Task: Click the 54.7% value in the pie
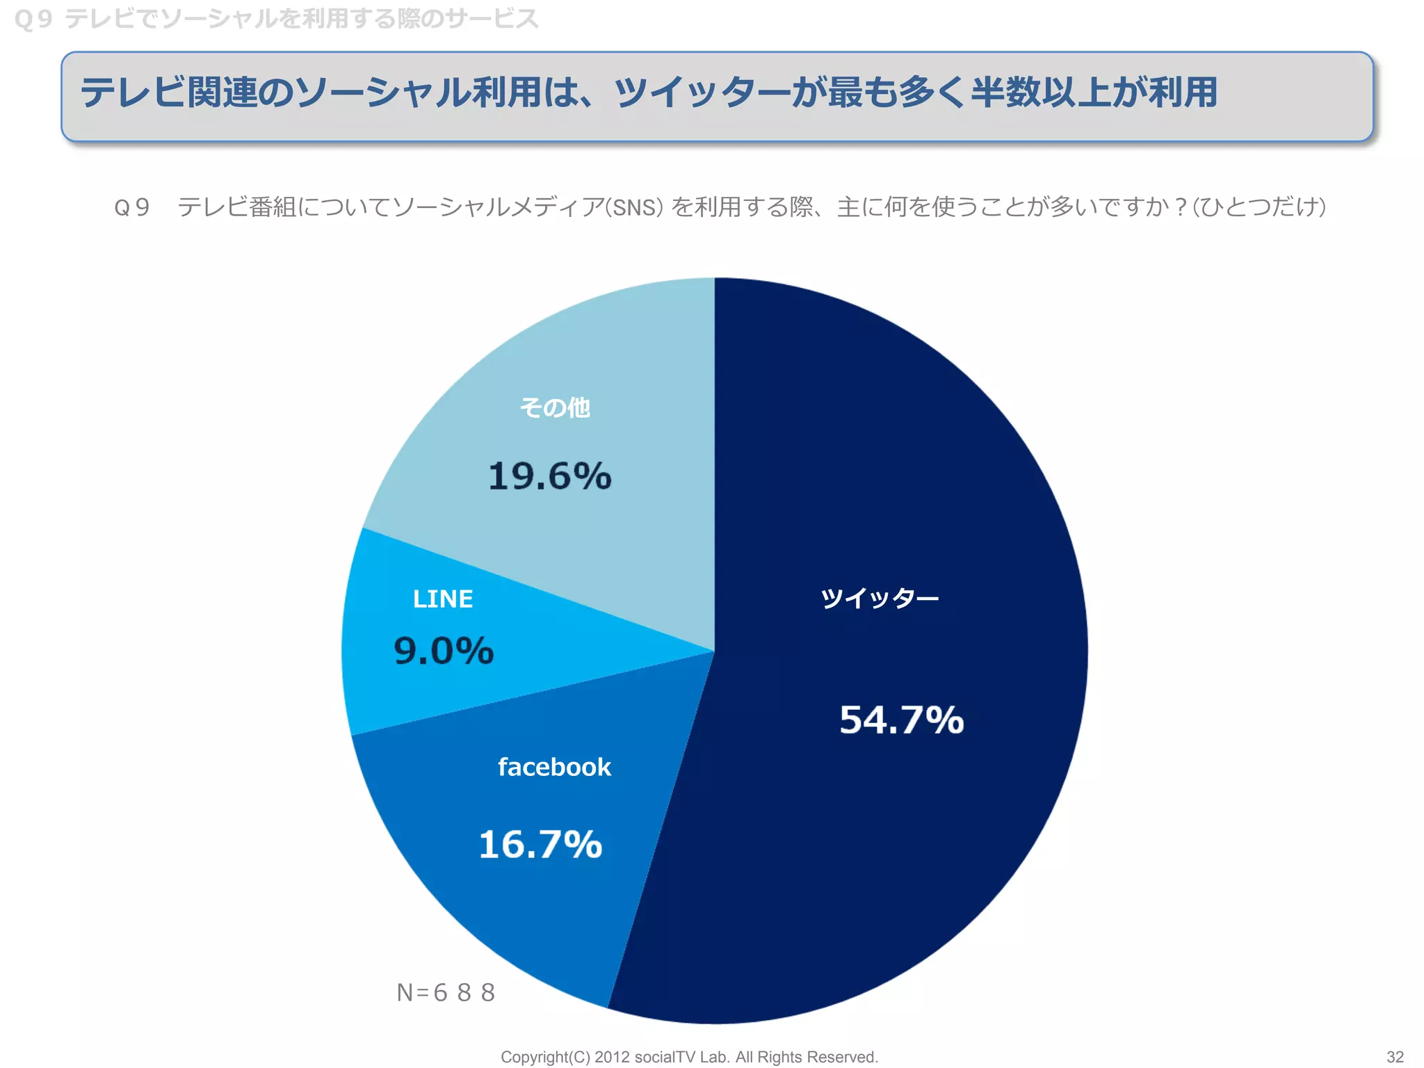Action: [901, 720]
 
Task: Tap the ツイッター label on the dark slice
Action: [879, 598]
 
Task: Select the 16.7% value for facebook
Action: [540, 844]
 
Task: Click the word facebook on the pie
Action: [554, 767]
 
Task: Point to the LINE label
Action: [443, 599]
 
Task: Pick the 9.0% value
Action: [444, 651]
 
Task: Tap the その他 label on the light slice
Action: [555, 407]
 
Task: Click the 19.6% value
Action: [549, 476]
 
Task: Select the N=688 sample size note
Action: [446, 992]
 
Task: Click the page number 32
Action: [1395, 1057]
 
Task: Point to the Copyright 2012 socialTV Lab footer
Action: [689, 1057]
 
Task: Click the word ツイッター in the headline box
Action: [702, 92]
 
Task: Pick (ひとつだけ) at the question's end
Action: [1259, 207]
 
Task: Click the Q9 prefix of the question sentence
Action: [132, 207]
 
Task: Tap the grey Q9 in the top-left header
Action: [33, 19]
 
